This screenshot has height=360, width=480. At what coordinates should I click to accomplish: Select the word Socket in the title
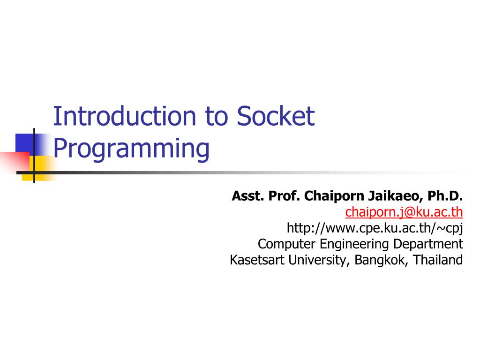tap(275, 117)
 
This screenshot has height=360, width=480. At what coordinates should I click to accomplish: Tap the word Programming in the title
tap(131, 149)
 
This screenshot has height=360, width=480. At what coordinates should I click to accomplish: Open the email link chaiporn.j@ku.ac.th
tap(404, 212)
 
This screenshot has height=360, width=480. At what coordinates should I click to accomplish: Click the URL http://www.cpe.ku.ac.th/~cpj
tap(375, 228)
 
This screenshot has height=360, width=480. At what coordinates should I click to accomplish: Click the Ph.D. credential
tap(445, 196)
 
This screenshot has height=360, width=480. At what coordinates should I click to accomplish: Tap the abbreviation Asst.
tap(248, 196)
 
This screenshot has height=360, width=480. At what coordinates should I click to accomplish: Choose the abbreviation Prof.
tap(284, 196)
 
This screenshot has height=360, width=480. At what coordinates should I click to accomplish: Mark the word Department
tap(428, 244)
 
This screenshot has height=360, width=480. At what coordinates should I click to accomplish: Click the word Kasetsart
tap(257, 260)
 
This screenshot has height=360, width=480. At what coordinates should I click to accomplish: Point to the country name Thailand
tap(438, 260)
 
